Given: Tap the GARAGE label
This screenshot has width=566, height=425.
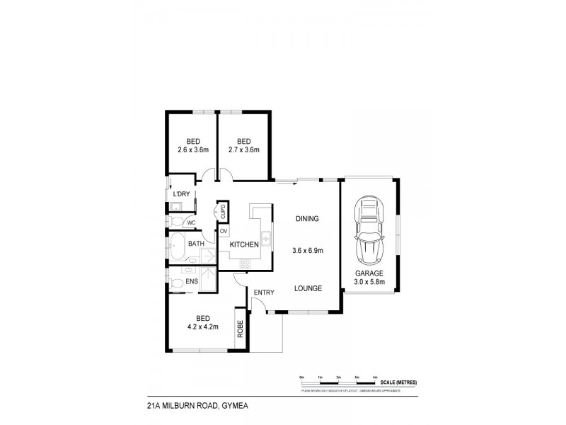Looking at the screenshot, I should (369, 273).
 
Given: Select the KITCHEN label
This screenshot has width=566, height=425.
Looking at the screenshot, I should (243, 244).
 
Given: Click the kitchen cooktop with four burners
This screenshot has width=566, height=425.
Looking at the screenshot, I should (246, 263).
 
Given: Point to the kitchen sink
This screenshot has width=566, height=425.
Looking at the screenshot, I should (266, 236).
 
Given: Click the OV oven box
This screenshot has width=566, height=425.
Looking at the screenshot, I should (224, 231).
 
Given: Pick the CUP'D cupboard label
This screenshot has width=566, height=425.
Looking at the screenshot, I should (223, 210).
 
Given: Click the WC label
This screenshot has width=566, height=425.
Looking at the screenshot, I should (190, 222).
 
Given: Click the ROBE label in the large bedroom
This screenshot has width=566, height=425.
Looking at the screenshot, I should (240, 327).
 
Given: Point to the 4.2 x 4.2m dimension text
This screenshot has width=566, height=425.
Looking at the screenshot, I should (203, 327).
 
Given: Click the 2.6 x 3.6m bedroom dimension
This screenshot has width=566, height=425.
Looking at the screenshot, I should (192, 149).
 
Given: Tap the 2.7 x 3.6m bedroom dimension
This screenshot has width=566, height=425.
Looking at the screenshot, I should (245, 149).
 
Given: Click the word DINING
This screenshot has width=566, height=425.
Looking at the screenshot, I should (308, 219).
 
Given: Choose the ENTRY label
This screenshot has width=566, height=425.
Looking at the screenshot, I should (264, 293).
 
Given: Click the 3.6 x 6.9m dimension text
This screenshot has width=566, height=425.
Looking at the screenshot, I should (308, 250).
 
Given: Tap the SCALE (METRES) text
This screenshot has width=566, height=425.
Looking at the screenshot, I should (398, 382).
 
